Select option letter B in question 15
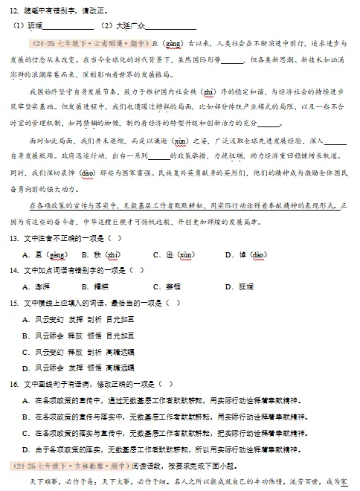pyautogui.click(x=26, y=335)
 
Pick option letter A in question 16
pyautogui.click(x=26, y=400)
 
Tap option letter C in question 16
pyautogui.click(x=26, y=433)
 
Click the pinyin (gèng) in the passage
pyautogui.click(x=173, y=44)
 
